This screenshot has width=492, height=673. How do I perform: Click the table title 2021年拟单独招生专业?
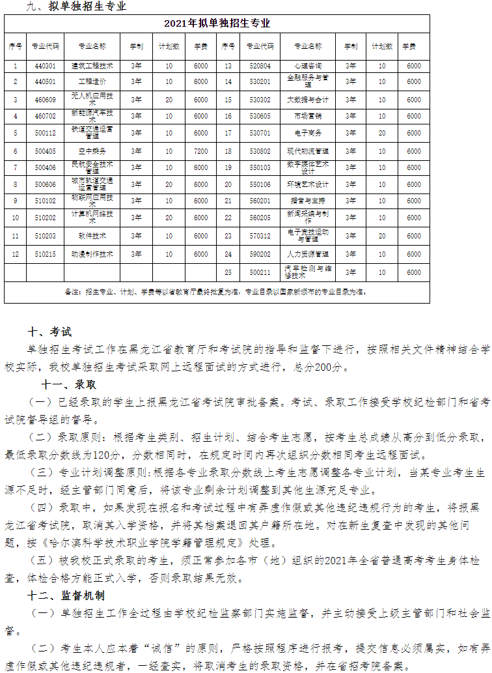217,23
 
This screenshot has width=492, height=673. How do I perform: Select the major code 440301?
46,66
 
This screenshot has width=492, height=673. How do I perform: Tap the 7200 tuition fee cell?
200,150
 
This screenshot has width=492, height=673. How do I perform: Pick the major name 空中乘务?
92,150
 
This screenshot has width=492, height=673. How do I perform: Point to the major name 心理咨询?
308,66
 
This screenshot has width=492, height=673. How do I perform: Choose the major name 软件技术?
92,235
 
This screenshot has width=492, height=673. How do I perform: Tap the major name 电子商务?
308,133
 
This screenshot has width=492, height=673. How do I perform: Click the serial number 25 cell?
228,272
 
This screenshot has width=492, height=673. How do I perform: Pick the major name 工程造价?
92,81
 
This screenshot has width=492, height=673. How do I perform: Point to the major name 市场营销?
308,116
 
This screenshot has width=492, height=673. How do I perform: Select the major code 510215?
46,253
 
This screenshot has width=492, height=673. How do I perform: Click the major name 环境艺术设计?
308,184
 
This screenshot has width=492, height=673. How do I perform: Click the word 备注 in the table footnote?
71,291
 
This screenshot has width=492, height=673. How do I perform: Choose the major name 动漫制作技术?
92,253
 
